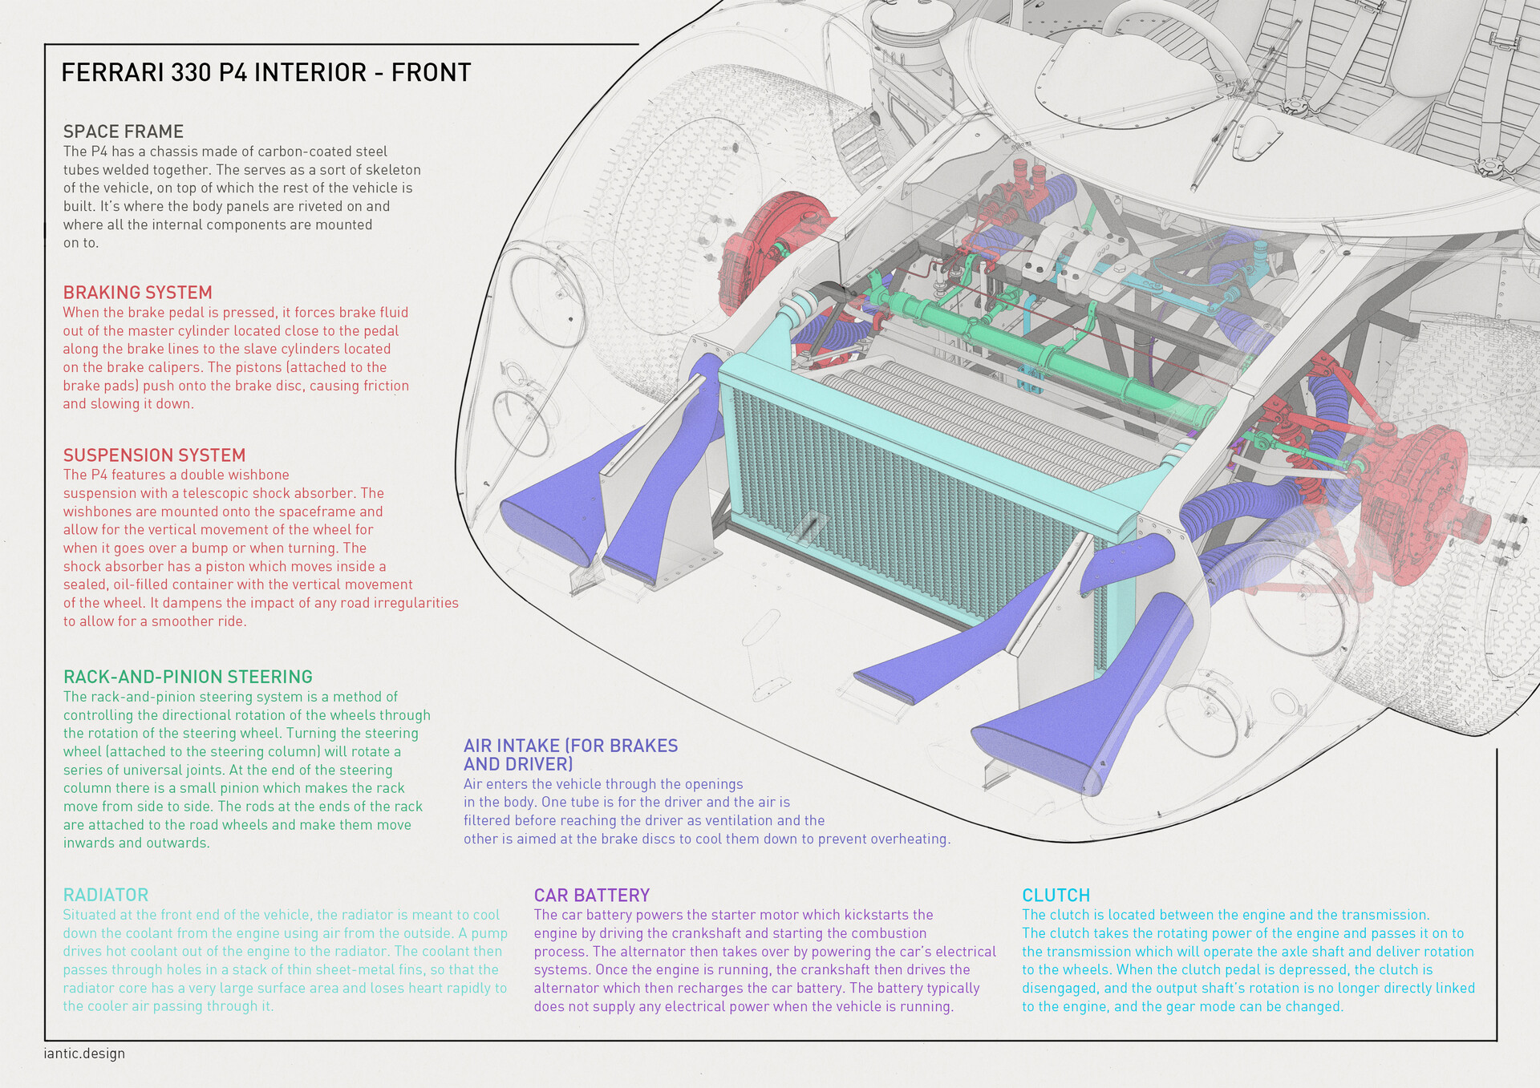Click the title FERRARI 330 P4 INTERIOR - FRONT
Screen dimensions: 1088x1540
(265, 73)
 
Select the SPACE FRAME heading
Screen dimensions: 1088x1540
(124, 131)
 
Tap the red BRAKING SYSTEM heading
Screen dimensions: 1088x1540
(137, 293)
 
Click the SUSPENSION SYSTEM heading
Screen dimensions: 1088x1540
(154, 455)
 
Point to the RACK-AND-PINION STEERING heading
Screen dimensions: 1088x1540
(188, 677)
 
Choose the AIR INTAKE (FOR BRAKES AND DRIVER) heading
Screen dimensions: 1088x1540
(570, 754)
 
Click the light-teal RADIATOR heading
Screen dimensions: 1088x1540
(105, 895)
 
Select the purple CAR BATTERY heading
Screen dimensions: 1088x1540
(591, 896)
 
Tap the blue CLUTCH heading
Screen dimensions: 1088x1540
(1055, 896)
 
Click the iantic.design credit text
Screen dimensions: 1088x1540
(84, 1054)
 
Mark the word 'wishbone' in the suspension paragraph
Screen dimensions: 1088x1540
(261, 475)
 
